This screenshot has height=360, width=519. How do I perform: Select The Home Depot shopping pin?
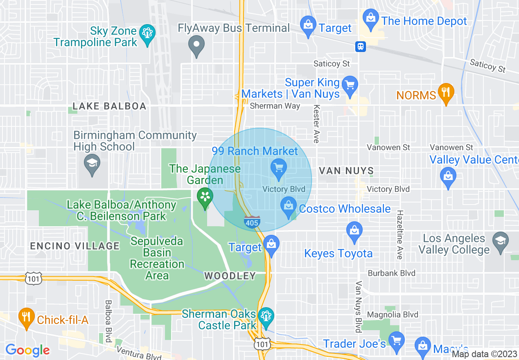point(371,19)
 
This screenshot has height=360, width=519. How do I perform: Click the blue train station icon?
point(361,46)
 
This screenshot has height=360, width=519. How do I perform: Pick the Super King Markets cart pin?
point(350,85)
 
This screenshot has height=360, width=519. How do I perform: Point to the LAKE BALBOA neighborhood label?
point(109,106)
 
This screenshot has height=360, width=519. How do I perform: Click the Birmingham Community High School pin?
point(92,164)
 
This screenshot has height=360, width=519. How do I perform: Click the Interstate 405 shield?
point(252,222)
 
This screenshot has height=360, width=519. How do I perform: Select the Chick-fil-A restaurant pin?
point(27,317)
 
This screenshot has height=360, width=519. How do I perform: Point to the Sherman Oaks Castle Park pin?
point(266,317)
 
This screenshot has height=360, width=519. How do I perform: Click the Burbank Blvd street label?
point(386,273)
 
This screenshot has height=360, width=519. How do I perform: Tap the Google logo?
point(27,350)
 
